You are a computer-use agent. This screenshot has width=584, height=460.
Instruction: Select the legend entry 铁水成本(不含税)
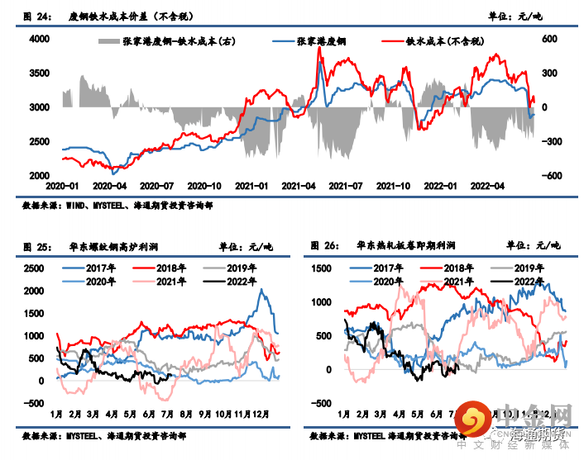(x=436, y=40)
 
